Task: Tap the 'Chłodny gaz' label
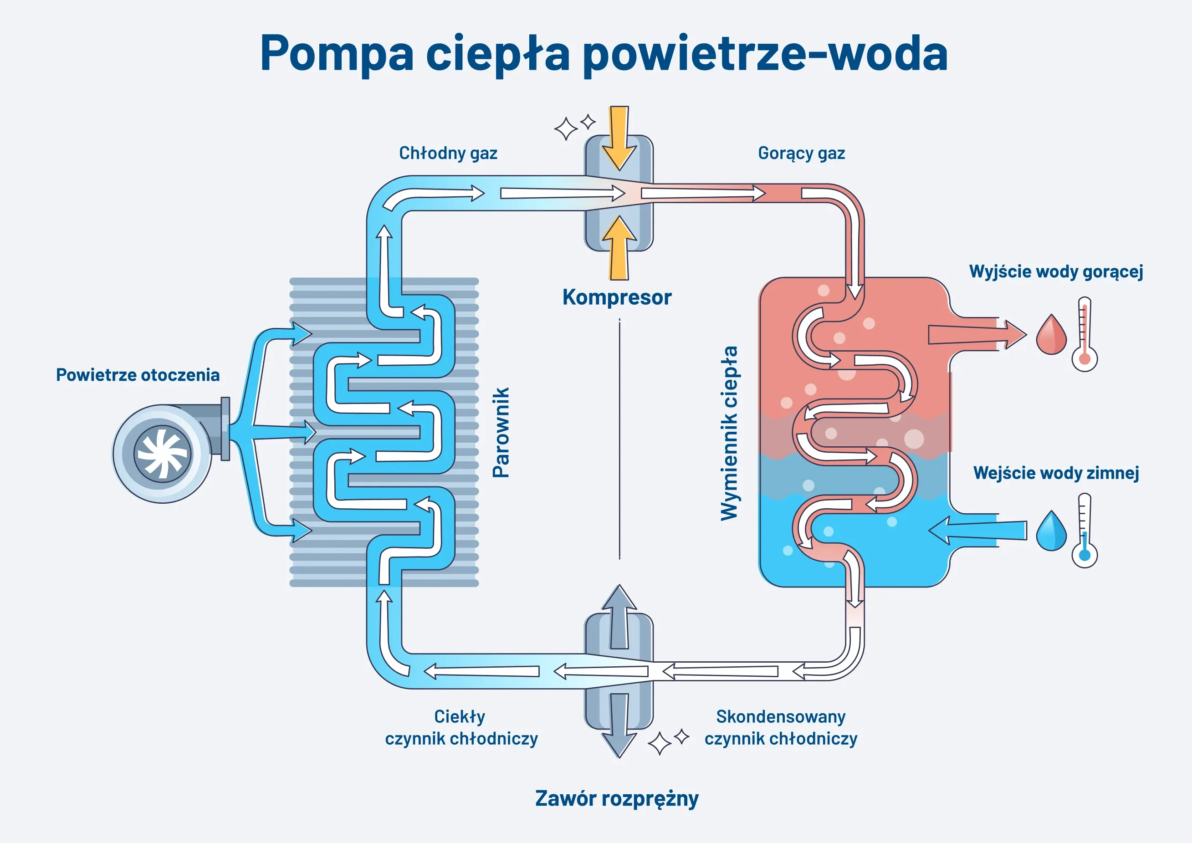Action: pos(448,153)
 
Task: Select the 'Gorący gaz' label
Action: pos(801,153)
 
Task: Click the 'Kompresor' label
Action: pos(617,297)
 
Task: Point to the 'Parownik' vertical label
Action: pos(501,432)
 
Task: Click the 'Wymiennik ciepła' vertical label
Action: pos(729,433)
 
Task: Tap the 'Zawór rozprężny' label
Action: pos(617,798)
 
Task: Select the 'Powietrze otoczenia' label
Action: pos(138,375)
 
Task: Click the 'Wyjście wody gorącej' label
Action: pos(1056,271)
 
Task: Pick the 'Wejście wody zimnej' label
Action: pos(1056,473)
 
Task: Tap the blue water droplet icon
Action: pos(1051,532)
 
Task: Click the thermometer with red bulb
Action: pos(1085,335)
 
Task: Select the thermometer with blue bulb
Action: pos(1085,531)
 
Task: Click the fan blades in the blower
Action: pos(163,454)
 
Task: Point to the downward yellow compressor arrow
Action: pos(619,138)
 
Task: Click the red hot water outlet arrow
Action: pos(976,335)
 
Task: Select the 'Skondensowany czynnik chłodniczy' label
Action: pos(780,727)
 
